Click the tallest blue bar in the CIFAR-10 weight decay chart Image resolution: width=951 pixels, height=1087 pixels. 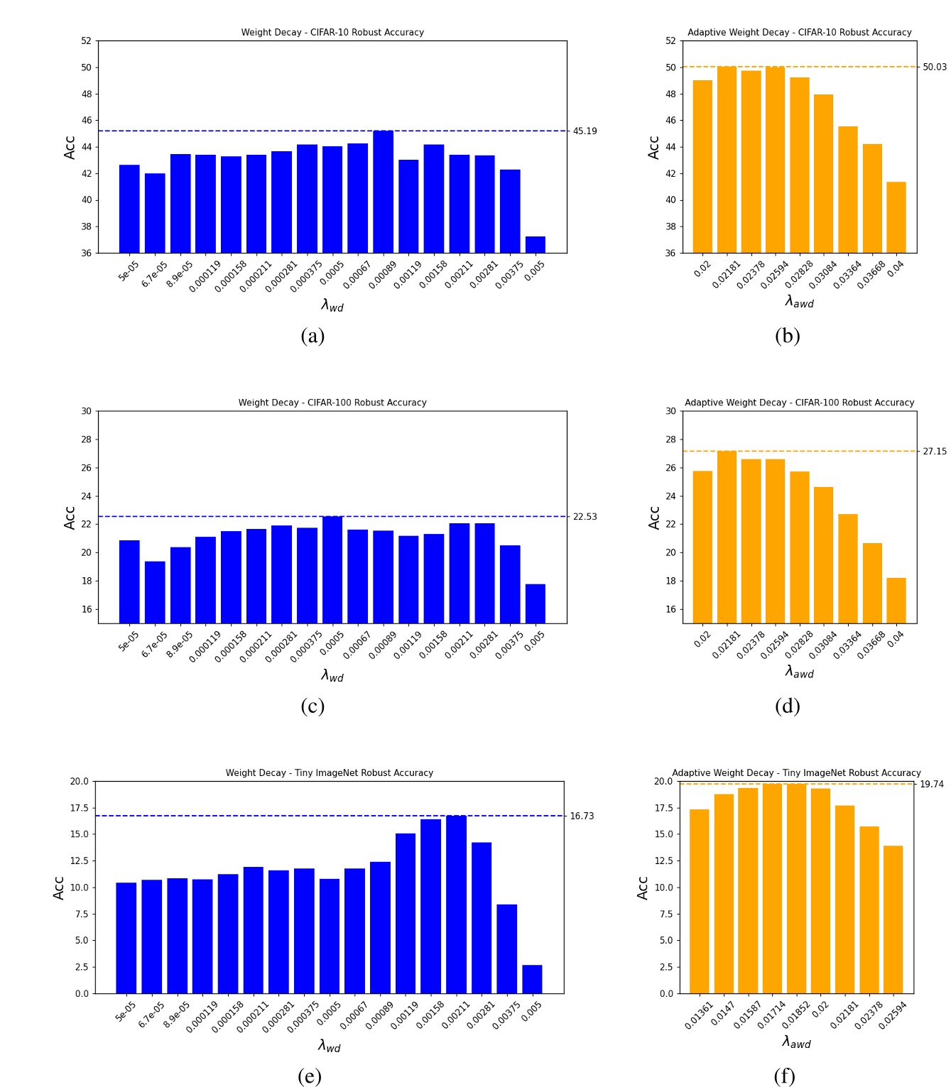tap(383, 192)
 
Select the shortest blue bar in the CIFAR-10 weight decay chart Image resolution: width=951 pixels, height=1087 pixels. tap(535, 244)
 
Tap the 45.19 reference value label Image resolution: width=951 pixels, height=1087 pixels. tap(585, 131)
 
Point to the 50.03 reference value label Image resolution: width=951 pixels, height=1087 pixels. tap(934, 67)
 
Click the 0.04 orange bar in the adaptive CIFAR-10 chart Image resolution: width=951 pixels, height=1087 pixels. tap(896, 217)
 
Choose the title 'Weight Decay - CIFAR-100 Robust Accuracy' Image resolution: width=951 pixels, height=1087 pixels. tap(332, 403)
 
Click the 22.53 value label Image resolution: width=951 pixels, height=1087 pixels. tap(585, 517)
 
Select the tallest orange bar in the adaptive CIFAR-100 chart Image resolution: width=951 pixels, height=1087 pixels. tap(727, 537)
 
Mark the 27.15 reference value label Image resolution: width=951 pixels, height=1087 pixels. tap(934, 452)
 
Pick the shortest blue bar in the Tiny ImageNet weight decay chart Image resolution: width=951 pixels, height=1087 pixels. tap(532, 979)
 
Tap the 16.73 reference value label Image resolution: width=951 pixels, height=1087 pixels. tap(582, 816)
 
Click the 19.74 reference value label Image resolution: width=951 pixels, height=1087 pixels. tap(931, 785)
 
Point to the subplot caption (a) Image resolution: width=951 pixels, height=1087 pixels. tap(313, 336)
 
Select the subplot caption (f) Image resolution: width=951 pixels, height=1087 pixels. tap(784, 1076)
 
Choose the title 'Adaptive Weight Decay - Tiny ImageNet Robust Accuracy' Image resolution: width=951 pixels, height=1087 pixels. tap(796, 773)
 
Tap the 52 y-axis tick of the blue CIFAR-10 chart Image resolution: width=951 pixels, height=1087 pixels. tap(86, 41)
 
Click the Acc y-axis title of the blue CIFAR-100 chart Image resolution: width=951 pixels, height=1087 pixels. tap(70, 518)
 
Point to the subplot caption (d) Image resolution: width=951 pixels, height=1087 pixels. tap(787, 706)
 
